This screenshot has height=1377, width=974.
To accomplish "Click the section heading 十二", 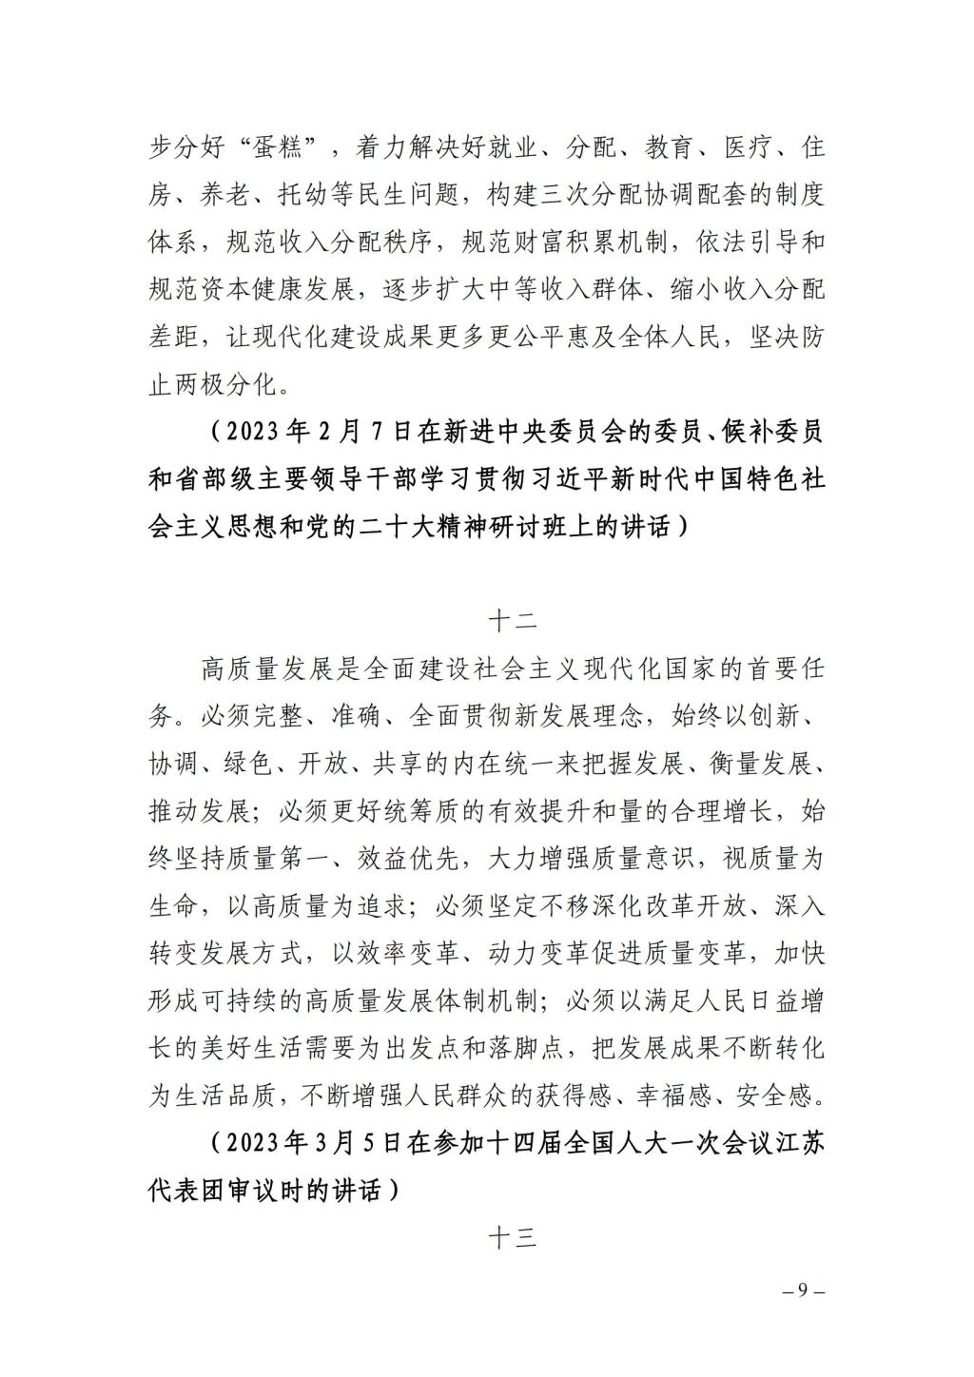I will point(513,622).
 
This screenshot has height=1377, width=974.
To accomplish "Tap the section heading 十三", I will point(513,1238).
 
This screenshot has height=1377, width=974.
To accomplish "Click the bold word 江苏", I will point(800,1143).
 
